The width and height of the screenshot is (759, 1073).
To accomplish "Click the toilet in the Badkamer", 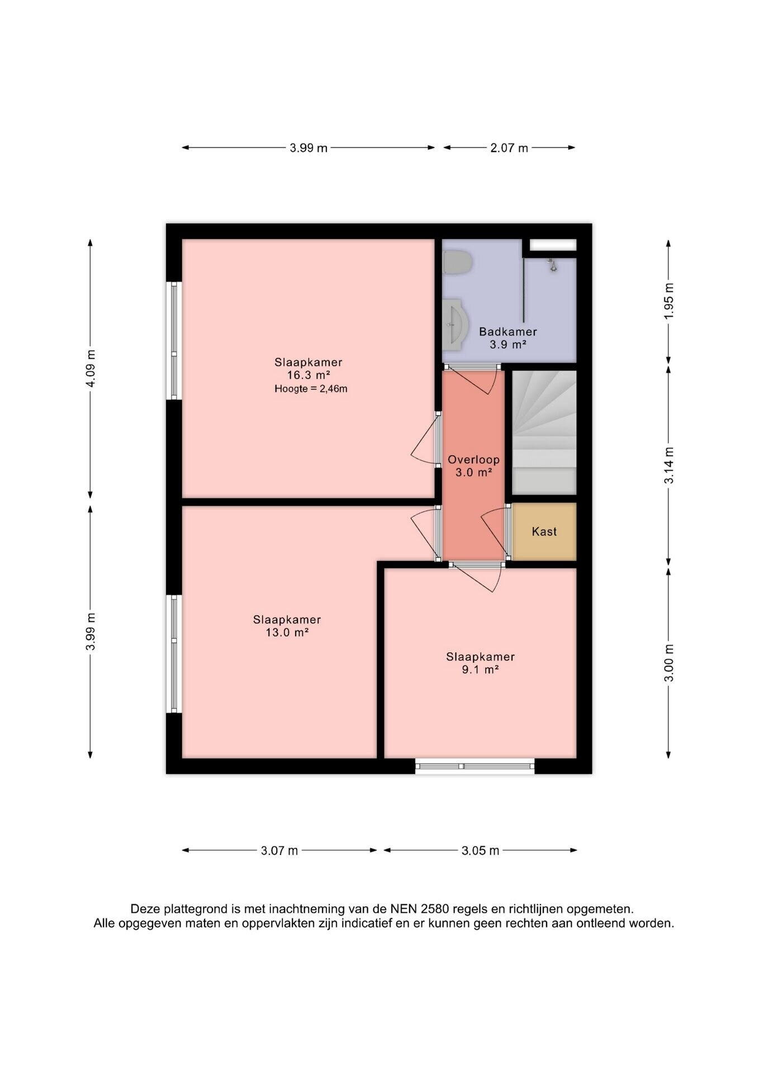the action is click(457, 262).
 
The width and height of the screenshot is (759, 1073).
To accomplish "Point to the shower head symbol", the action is click(553, 265).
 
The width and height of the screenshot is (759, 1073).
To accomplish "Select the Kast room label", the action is click(544, 531).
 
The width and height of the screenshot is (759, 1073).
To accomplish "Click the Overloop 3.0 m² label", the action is click(473, 466).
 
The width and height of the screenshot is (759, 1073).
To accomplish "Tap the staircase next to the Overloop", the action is click(544, 432).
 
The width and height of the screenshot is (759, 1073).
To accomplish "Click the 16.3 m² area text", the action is click(308, 375).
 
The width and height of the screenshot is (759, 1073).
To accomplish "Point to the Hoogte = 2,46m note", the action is click(311, 389).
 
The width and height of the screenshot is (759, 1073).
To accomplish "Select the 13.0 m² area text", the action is click(287, 633).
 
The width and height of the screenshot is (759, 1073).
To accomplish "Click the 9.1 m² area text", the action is click(480, 670).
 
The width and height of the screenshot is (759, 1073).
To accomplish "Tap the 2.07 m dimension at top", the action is click(509, 148).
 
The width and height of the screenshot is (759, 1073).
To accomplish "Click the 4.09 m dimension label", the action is click(91, 368).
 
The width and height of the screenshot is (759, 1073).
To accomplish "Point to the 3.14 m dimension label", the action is click(669, 466).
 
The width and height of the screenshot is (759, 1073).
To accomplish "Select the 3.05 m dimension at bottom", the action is click(480, 851).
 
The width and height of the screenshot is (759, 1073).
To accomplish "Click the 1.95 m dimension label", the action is click(669, 301).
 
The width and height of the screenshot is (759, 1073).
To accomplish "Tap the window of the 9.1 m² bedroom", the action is click(475, 766).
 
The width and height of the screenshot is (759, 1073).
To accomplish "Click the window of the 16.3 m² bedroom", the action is click(175, 340).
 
